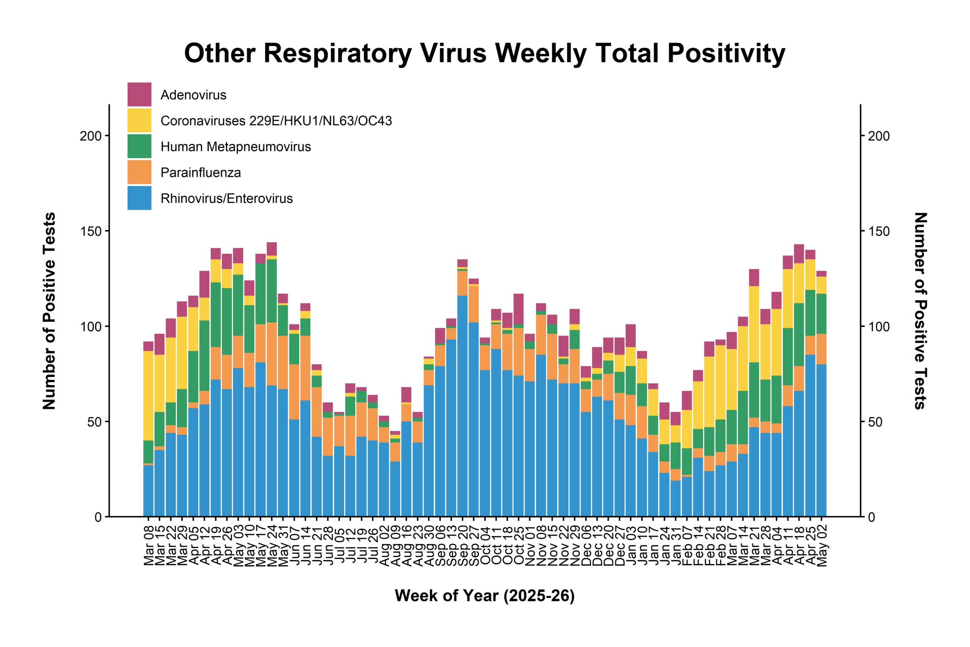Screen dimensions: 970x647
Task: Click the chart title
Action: click(x=485, y=54)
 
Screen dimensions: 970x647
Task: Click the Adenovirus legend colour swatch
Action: click(x=139, y=94)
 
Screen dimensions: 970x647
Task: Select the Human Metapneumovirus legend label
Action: click(x=235, y=146)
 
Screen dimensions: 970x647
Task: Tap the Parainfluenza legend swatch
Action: click(x=139, y=172)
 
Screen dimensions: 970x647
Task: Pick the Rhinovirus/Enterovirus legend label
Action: click(x=227, y=199)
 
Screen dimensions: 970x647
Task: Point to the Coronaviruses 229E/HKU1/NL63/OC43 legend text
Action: click(x=276, y=121)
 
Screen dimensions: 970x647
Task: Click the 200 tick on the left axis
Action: click(x=91, y=136)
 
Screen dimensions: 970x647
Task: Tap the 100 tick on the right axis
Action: click(x=879, y=326)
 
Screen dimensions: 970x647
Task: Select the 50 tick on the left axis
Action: click(x=94, y=422)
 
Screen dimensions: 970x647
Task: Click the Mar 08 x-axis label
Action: click(x=149, y=545)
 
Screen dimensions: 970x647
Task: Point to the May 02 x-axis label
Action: click(x=821, y=546)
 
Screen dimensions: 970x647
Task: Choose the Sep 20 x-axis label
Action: click(x=463, y=545)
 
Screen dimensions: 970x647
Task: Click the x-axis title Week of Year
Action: click(x=485, y=595)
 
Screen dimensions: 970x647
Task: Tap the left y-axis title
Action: click(x=49, y=311)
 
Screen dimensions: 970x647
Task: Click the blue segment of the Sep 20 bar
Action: click(x=463, y=406)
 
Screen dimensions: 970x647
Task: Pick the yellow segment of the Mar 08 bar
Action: click(x=149, y=396)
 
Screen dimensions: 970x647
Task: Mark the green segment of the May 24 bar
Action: click(x=272, y=291)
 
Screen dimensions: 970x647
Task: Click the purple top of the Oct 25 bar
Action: click(x=519, y=309)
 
